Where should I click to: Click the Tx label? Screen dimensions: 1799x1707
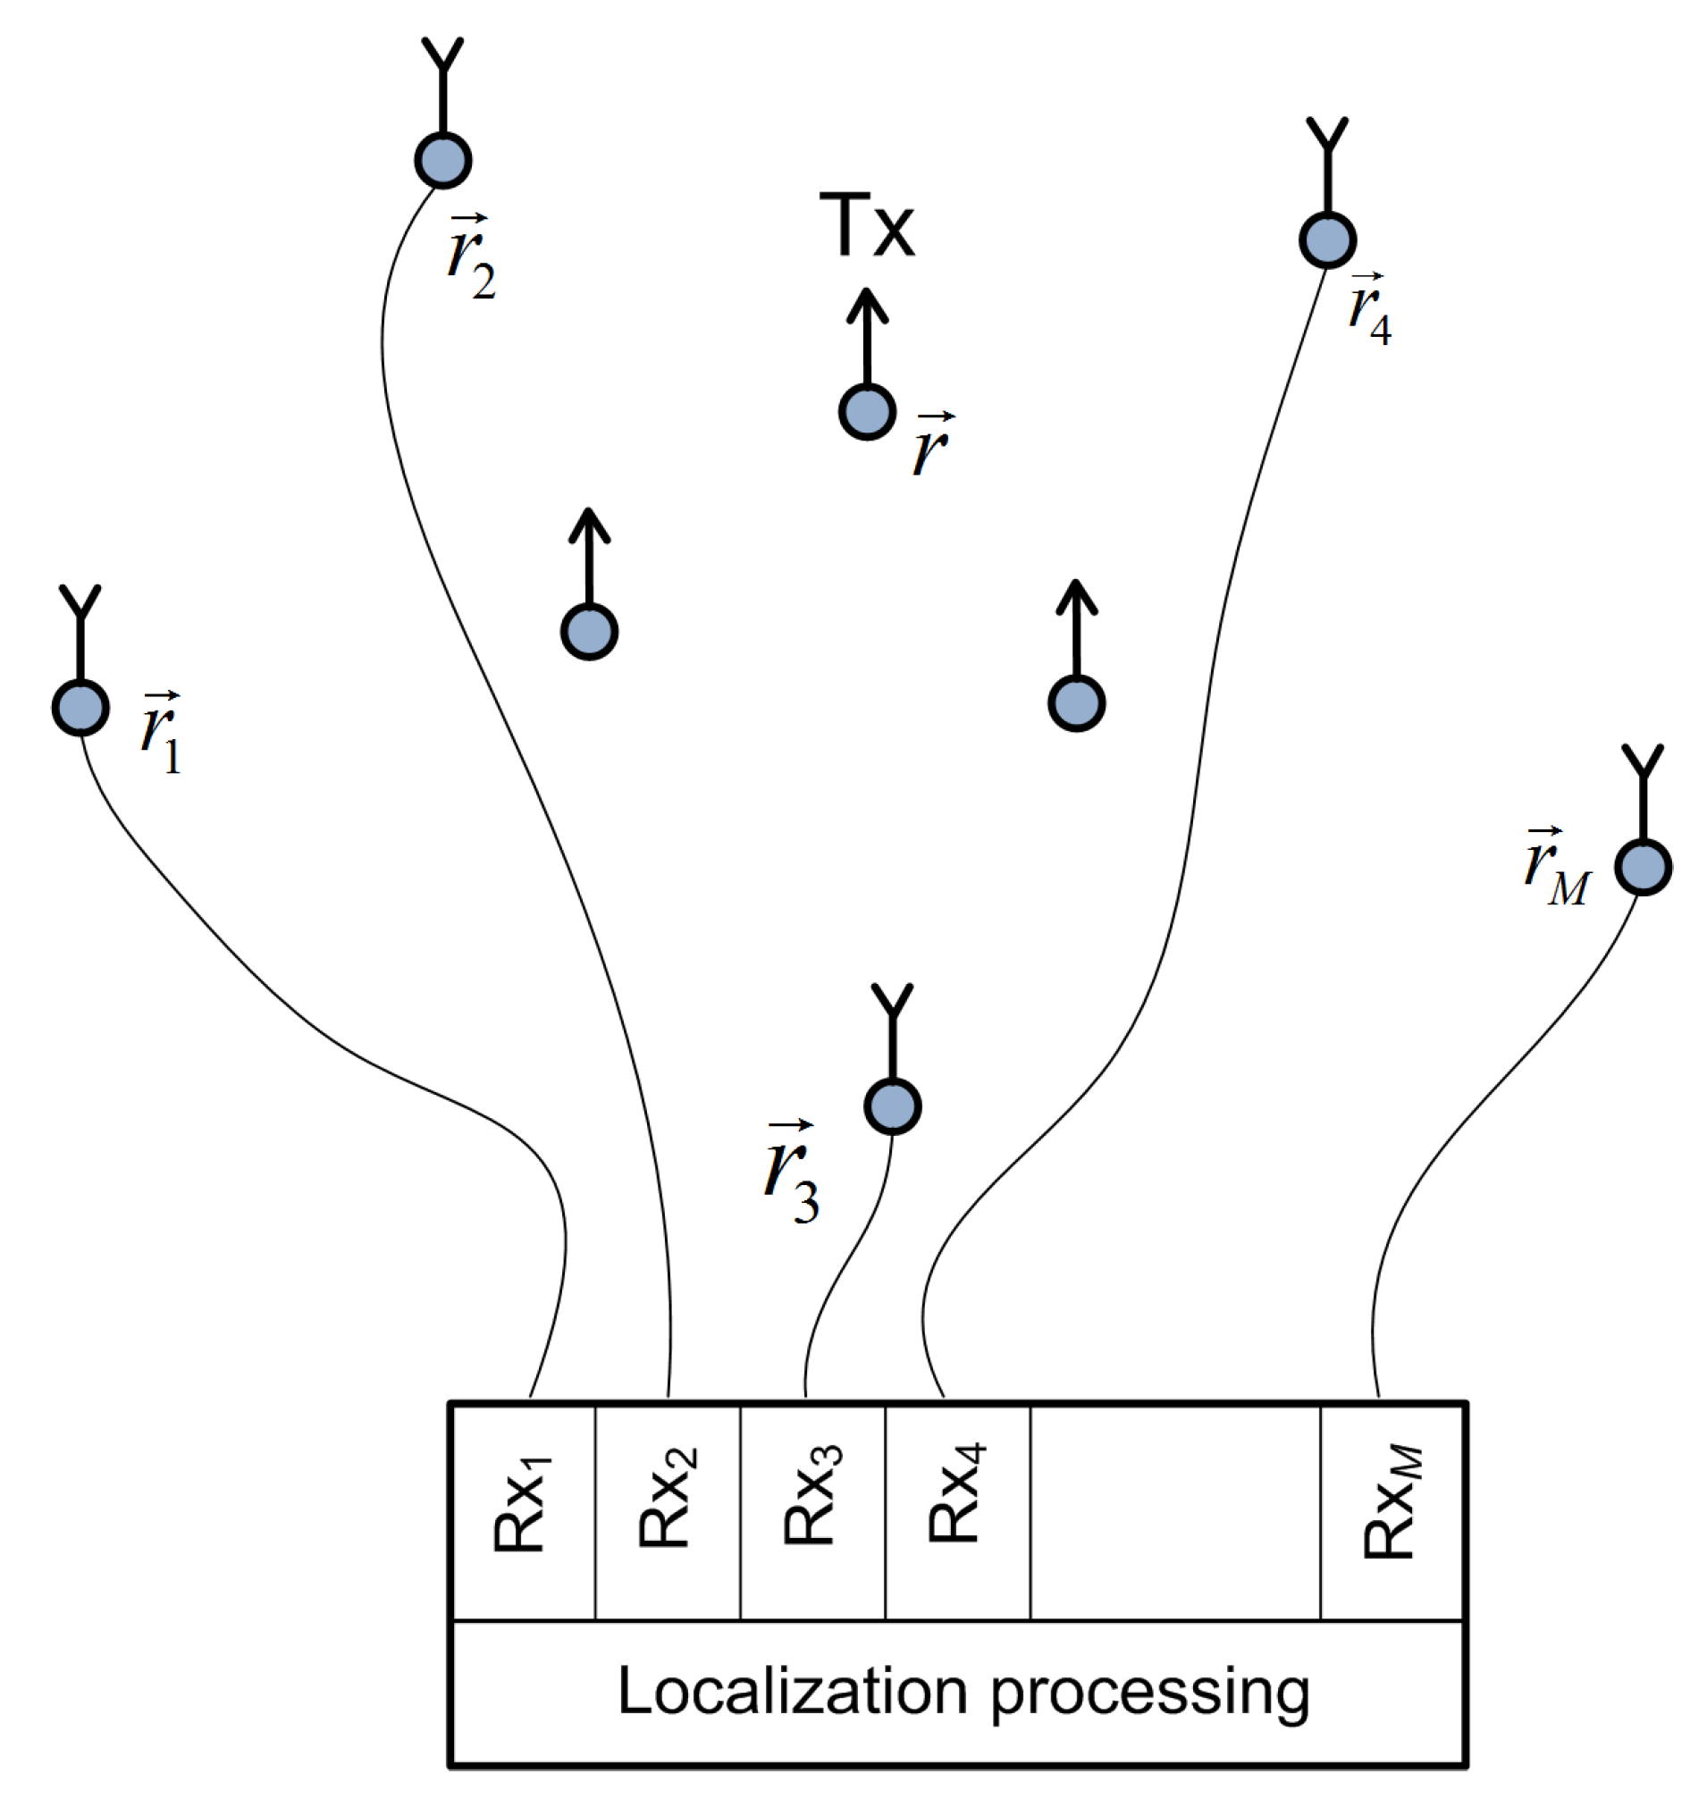866,226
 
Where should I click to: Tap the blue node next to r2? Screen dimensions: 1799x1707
443,161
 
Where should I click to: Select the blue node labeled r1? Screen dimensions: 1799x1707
81,708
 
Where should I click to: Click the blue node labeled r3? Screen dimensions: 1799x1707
893,1106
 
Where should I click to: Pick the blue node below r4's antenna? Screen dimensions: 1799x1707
1327,240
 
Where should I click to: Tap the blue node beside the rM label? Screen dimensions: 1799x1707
1644,867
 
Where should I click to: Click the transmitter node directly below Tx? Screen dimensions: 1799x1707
867,412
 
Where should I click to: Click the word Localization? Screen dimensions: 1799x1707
792,1693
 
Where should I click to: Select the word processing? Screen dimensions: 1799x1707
1150,1695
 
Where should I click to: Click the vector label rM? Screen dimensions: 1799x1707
1557,869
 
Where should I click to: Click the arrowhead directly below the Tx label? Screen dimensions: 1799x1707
867,305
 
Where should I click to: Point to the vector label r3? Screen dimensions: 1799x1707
791,1173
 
